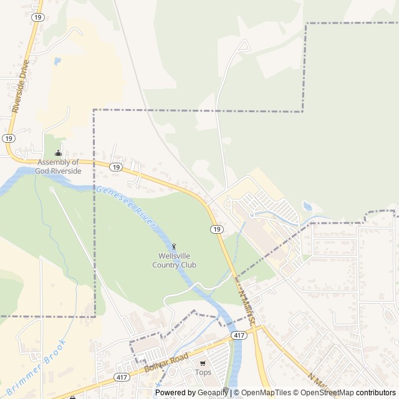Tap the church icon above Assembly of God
pyautogui.click(x=59, y=153)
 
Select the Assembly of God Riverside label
pyautogui.click(x=59, y=166)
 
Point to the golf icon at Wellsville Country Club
pyautogui.click(x=174, y=247)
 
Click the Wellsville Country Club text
pyautogui.click(x=174, y=261)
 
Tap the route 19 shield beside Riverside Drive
pyautogui.click(x=8, y=138)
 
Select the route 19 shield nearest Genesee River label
pyautogui.click(x=115, y=167)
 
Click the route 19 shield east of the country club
pyautogui.click(x=216, y=229)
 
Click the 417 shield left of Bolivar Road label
pyautogui.click(x=122, y=377)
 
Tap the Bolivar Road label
pyautogui.click(x=166, y=363)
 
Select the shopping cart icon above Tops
pyautogui.click(x=203, y=363)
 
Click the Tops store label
pyautogui.click(x=203, y=373)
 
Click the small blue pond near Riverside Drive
pyautogui.click(x=57, y=61)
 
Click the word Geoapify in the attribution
pyautogui.click(x=212, y=393)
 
